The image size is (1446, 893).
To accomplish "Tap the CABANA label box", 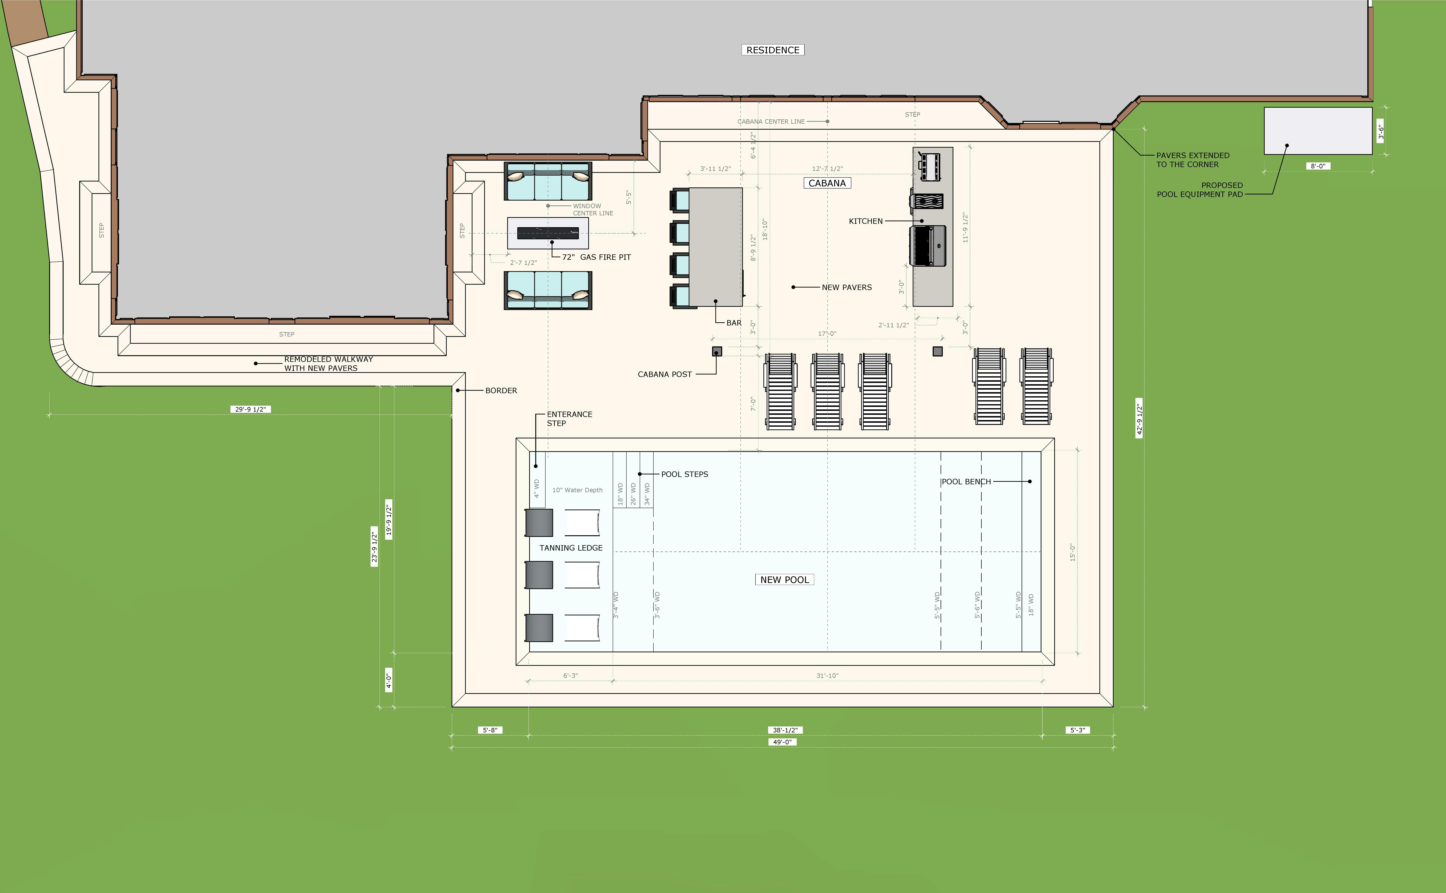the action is coord(827,183).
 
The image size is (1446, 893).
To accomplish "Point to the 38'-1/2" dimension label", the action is coord(785,730).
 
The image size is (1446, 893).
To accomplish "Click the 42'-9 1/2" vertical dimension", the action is coord(1139,418).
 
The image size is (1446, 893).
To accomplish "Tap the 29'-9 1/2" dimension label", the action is coord(250,409).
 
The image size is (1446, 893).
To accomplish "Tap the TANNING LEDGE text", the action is coord(571,548).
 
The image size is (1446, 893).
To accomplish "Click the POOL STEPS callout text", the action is coord(685,474).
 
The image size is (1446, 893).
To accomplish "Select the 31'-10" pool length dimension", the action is coord(827,676).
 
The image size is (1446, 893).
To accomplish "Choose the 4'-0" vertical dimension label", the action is coord(389,681).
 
